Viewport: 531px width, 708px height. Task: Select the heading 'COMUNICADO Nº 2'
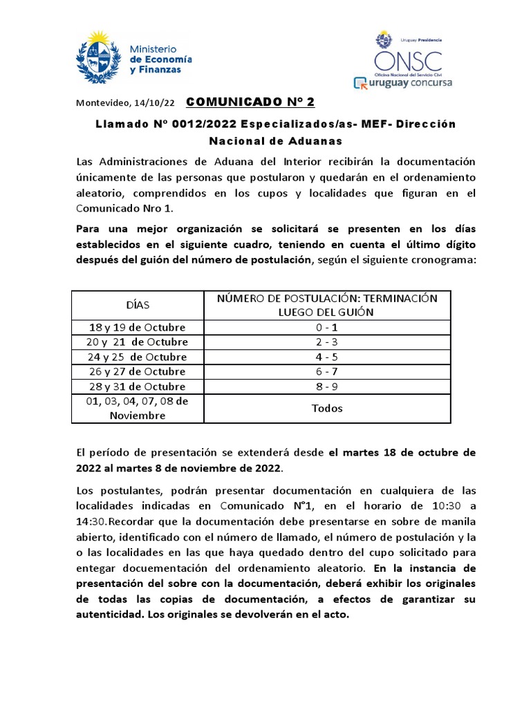click(250, 102)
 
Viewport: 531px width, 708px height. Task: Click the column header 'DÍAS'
click(137, 304)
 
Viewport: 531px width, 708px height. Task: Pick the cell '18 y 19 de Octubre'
click(137, 327)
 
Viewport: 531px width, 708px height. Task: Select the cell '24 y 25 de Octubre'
click(137, 357)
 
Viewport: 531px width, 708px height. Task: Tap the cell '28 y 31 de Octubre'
click(137, 386)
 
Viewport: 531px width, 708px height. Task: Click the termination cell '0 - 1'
click(327, 327)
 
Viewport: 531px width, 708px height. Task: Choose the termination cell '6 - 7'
click(327, 371)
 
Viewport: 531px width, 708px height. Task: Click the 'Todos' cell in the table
click(327, 408)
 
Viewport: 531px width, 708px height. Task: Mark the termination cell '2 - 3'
click(327, 342)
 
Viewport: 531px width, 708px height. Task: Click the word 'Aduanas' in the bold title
click(311, 141)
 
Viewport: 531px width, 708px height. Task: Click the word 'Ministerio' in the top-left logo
click(153, 50)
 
